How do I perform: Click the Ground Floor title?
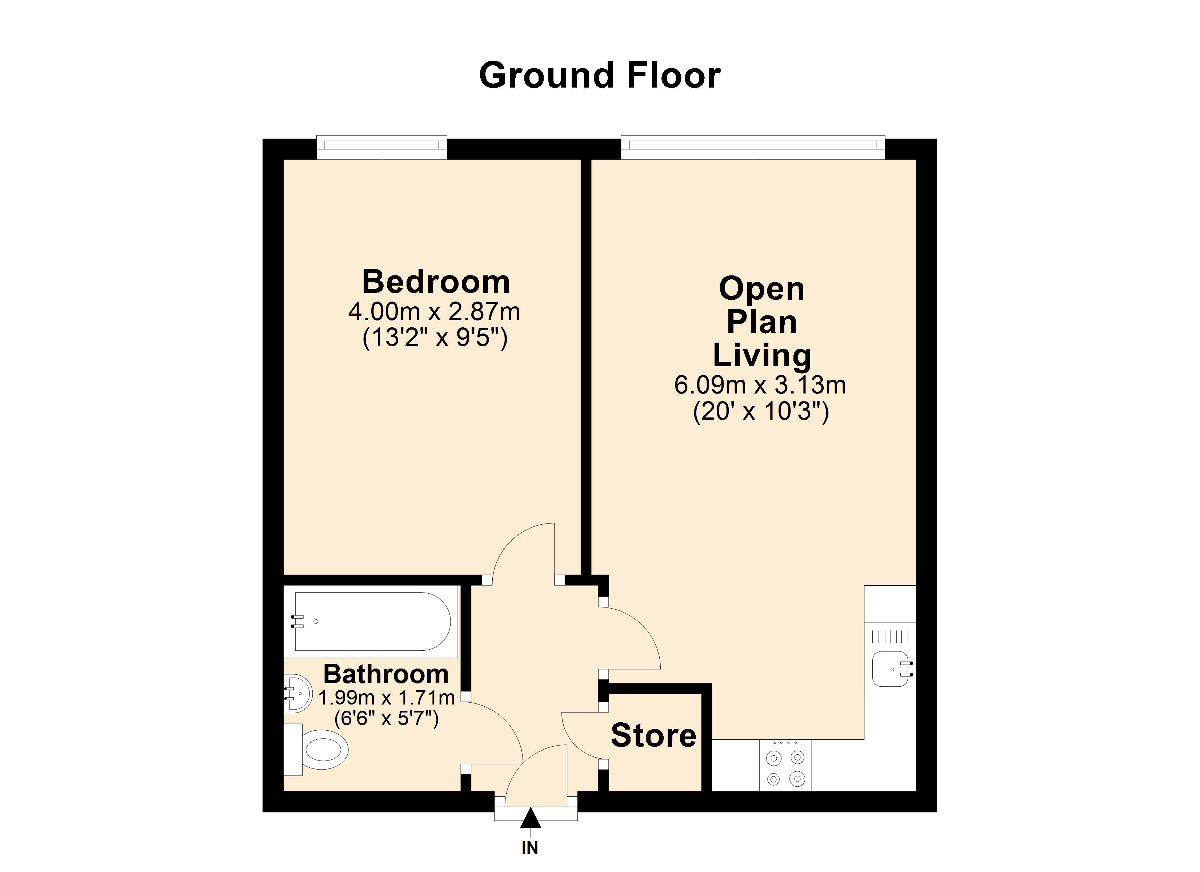click(x=600, y=76)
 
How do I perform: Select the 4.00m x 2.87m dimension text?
click(x=434, y=312)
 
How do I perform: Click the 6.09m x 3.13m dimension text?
click(x=760, y=385)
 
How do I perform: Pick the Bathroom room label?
click(x=386, y=674)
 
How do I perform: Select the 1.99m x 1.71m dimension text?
click(x=386, y=698)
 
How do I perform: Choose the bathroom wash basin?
click(x=299, y=693)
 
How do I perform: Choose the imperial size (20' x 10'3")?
click(x=761, y=411)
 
